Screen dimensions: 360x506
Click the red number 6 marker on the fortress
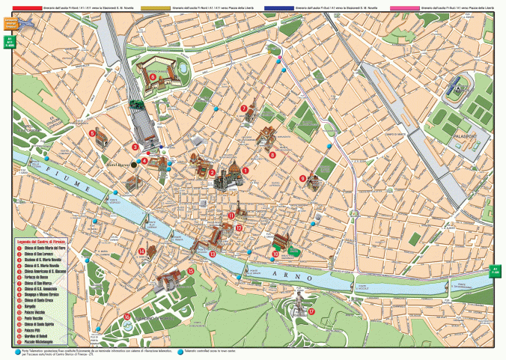[153, 76]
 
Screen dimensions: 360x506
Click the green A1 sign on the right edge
[495, 270]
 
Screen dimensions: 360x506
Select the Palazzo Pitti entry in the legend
[34, 330]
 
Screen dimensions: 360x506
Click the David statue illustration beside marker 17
[299, 302]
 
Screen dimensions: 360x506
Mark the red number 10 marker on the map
[275, 254]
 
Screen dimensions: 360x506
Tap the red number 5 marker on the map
[92, 133]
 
